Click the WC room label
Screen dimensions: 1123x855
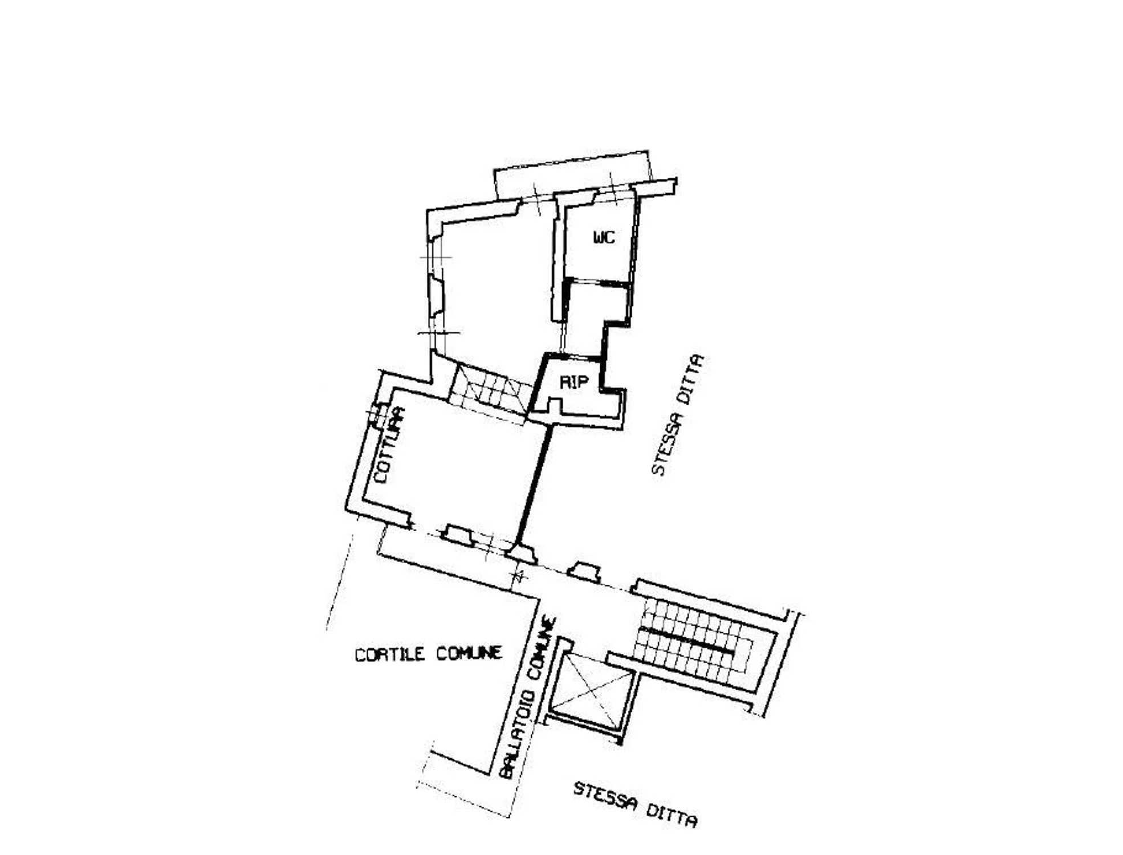(604, 237)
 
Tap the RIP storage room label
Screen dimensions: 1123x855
(573, 382)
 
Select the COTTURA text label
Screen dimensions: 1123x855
(389, 445)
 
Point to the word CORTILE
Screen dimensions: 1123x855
(390, 654)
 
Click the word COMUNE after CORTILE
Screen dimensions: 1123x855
(469, 653)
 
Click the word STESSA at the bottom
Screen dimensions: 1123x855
(605, 796)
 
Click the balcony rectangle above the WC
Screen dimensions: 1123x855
(572, 174)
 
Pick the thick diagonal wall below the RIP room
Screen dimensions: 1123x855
(534, 484)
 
